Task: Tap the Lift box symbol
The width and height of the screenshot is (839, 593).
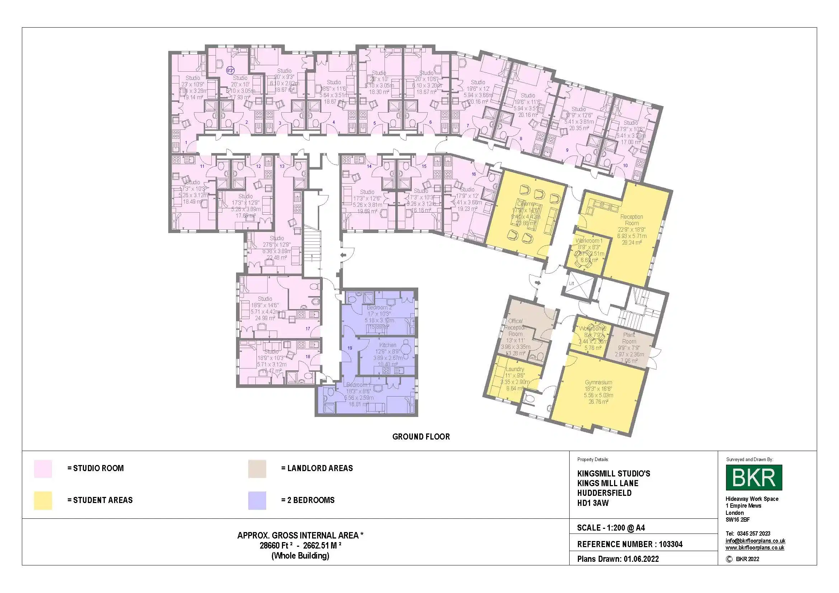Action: coord(571,283)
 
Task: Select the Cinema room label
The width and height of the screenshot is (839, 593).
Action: coord(525,204)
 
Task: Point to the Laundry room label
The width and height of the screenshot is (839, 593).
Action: coord(515,369)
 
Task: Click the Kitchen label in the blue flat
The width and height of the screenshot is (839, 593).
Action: coord(388,345)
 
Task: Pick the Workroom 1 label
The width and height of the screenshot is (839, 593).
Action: coord(589,241)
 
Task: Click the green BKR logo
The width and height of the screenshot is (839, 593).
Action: coord(754,477)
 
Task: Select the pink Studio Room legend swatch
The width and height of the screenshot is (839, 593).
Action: coord(43,469)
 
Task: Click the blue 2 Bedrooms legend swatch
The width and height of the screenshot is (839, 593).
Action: coord(257,500)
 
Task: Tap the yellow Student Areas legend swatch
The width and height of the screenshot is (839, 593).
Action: coord(43,500)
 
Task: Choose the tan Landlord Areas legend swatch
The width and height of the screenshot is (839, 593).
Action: coord(257,469)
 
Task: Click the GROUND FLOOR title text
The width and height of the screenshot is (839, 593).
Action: coord(421,437)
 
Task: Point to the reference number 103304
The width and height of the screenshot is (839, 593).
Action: coord(670,544)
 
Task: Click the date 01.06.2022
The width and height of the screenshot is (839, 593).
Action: coord(641,559)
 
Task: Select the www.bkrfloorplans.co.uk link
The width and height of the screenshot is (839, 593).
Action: coord(755,548)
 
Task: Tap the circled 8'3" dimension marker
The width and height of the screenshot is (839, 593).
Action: coord(230,70)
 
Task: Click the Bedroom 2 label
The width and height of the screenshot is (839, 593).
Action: coord(379,308)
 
